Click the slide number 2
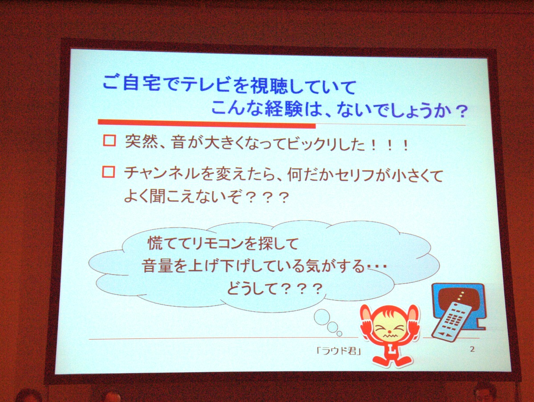[x=473, y=349]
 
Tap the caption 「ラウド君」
[x=339, y=351]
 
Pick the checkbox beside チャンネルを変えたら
[x=108, y=172]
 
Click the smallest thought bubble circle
[x=339, y=334]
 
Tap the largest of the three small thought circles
[x=322, y=317]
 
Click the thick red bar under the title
[x=207, y=123]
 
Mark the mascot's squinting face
[x=389, y=330]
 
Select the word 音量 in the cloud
[x=157, y=266]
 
